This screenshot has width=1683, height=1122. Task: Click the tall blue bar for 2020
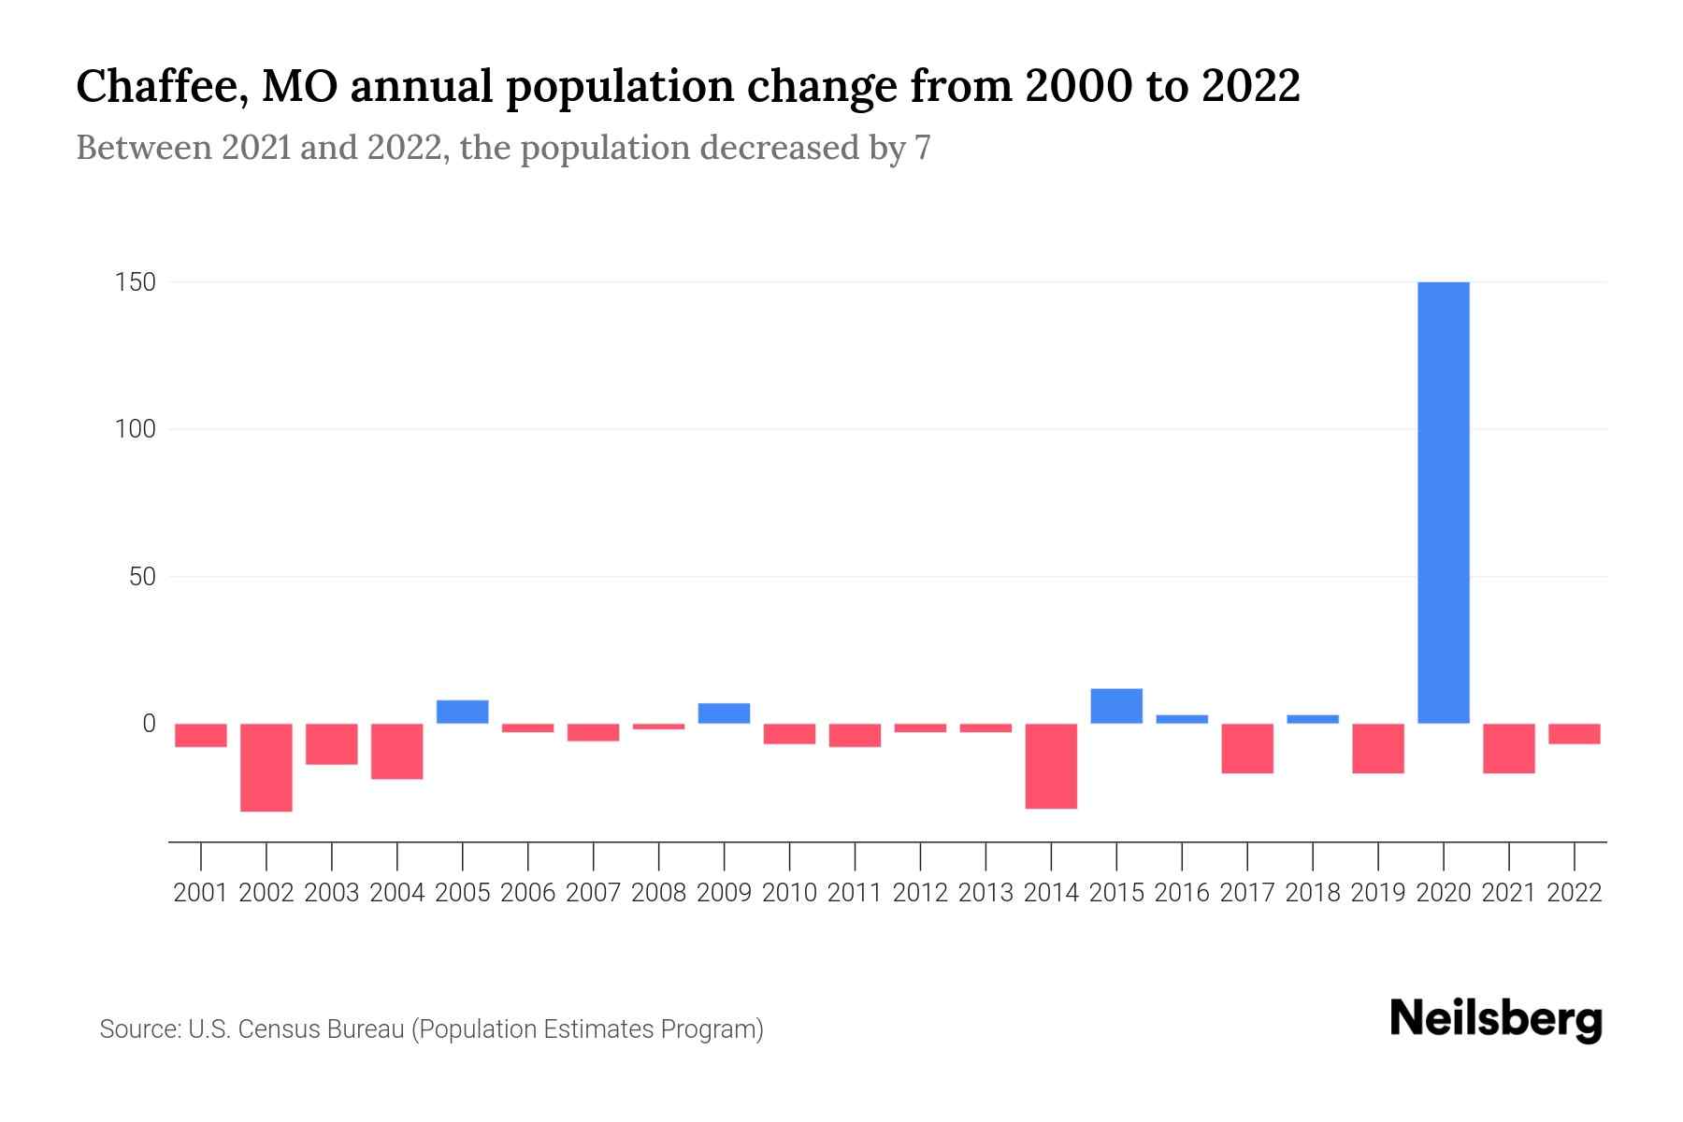[1443, 502]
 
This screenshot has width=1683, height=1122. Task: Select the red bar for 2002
[266, 767]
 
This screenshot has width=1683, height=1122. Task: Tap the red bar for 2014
[1051, 765]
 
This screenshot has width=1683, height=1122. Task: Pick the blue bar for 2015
[1116, 706]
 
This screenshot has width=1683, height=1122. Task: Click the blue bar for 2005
[463, 712]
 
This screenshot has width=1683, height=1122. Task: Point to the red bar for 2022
[1575, 733]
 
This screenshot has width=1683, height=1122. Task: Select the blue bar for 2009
[724, 712]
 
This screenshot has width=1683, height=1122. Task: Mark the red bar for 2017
[1247, 748]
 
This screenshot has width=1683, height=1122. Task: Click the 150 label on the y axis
[135, 282]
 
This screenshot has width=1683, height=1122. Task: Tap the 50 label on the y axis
[142, 577]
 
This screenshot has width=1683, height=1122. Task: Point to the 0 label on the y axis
[149, 724]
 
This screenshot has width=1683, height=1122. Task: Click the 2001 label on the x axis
[201, 893]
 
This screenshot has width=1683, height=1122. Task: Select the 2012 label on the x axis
[920, 893]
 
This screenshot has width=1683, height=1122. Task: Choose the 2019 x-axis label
[1378, 893]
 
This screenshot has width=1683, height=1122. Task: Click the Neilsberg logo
[1495, 1019]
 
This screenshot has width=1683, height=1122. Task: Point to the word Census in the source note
[280, 1029]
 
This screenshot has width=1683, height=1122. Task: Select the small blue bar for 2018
[1313, 719]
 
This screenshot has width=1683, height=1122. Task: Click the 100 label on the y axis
[135, 430]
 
